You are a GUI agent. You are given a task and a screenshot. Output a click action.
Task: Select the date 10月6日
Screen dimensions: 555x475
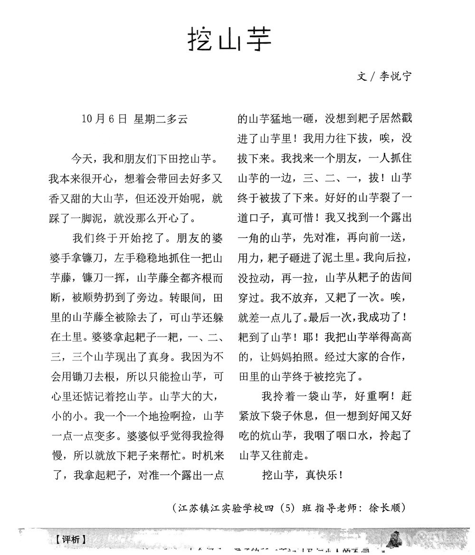(104, 119)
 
